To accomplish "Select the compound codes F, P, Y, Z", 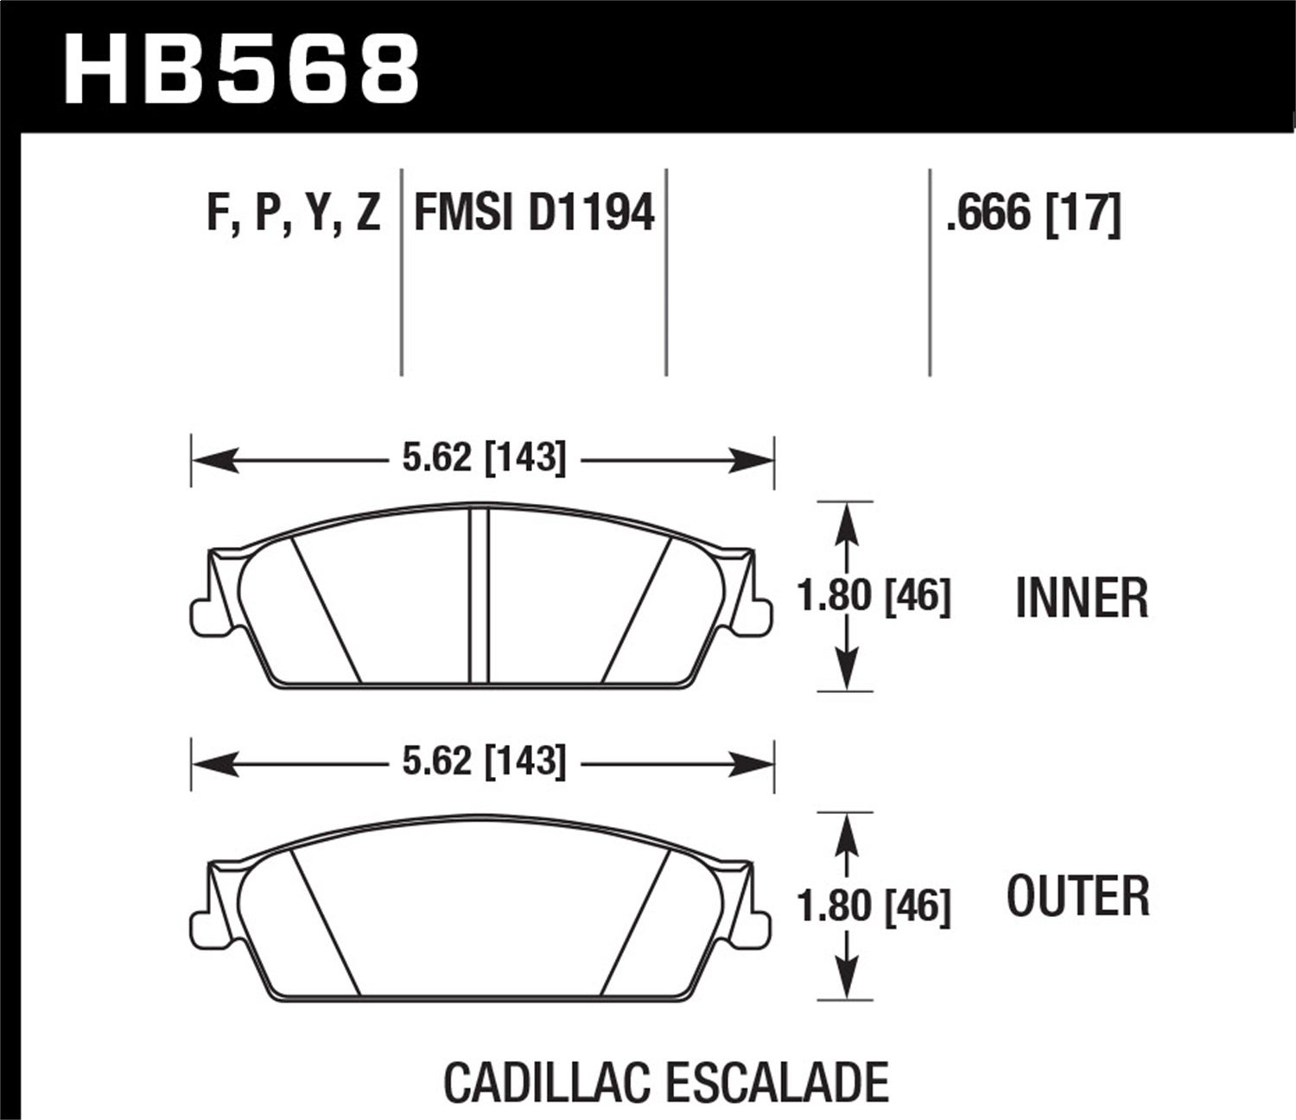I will click(x=293, y=212).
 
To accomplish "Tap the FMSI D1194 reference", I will click(x=535, y=212).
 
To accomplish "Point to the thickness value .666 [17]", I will click(x=1033, y=212).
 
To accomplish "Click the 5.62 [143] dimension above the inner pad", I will click(x=484, y=457).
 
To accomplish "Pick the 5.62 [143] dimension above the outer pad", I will click(x=484, y=761).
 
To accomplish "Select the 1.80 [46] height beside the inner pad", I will click(x=874, y=596).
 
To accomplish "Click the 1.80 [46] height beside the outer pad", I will click(x=874, y=905).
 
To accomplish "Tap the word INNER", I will click(x=1082, y=598).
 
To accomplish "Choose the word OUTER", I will click(x=1078, y=896).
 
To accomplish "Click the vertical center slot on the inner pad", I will click(x=479, y=596).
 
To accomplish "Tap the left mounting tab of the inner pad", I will click(x=200, y=615).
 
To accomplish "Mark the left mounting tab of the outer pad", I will click(x=200, y=927).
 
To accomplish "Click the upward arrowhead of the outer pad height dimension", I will click(x=846, y=829).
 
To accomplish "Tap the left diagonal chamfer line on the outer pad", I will click(x=325, y=920).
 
